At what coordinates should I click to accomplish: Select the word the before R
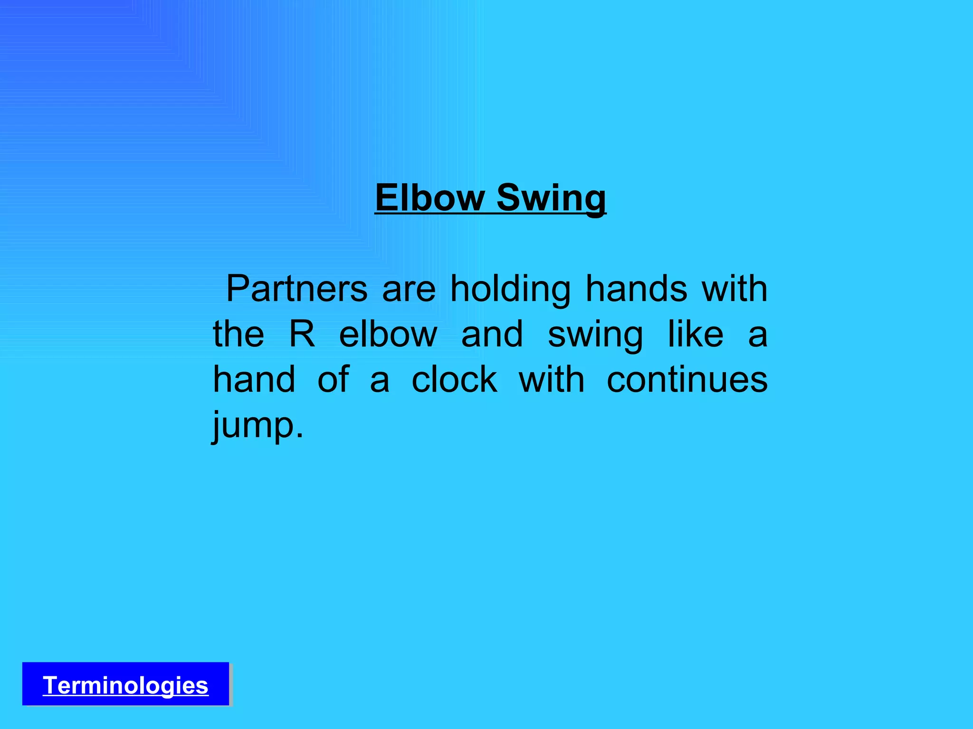point(238,334)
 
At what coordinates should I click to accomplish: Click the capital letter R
point(302,334)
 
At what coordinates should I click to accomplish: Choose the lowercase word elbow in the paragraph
point(388,334)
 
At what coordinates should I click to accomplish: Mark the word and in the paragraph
point(492,334)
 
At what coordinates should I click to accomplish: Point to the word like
point(696,334)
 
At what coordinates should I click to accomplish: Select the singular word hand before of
point(255,380)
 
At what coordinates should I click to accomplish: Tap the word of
point(334,380)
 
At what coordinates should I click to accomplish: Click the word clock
point(455,380)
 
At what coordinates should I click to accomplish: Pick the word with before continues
point(552,380)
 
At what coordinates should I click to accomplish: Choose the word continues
point(687,380)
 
